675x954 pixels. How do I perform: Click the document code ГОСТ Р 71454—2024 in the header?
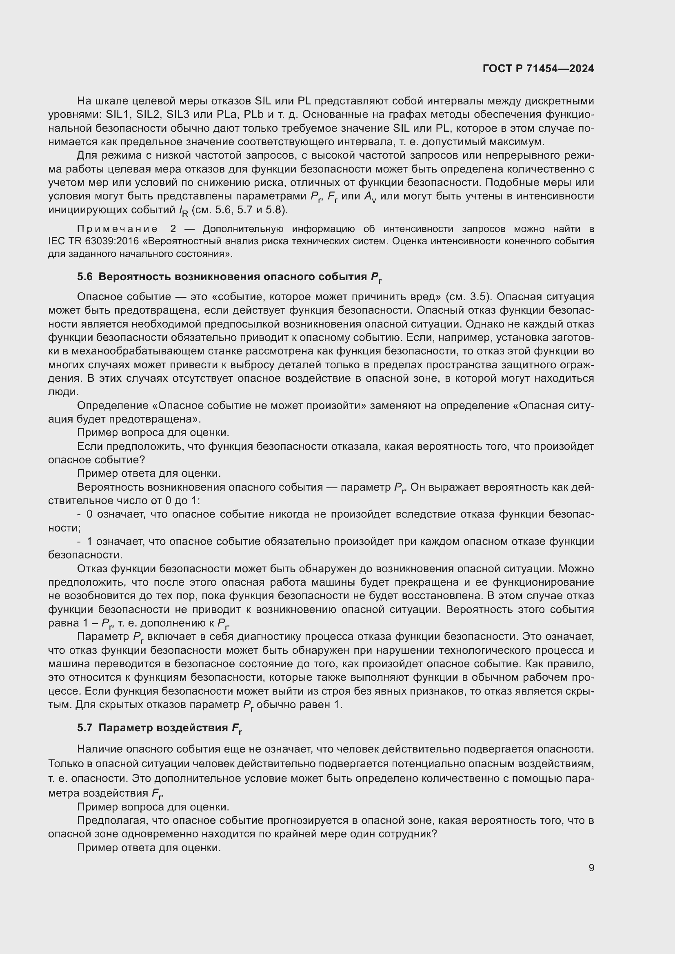click(x=538, y=69)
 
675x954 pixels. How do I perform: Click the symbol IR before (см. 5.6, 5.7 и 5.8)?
click(x=183, y=211)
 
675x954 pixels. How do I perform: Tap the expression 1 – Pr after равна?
click(x=100, y=623)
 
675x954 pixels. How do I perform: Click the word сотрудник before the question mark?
click(x=405, y=834)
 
